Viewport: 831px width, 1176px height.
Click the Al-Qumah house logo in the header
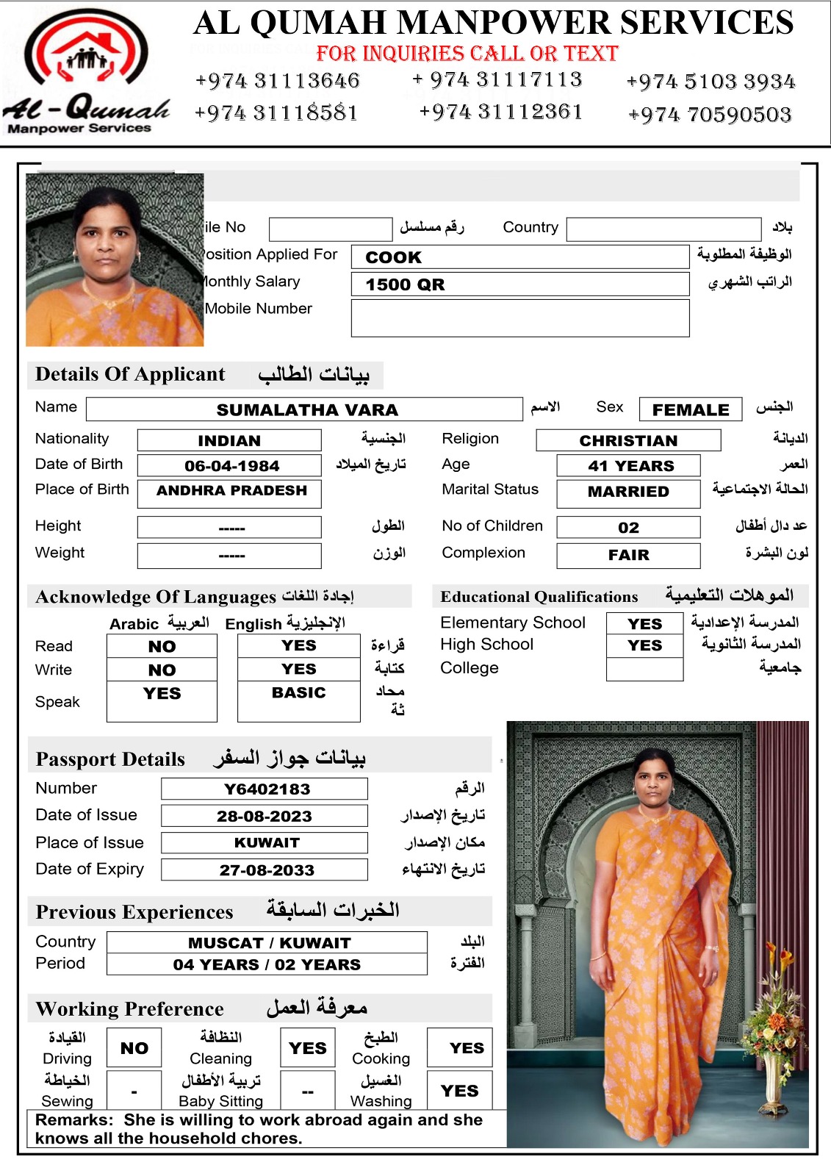pos(87,51)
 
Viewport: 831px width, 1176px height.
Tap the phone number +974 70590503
pos(710,115)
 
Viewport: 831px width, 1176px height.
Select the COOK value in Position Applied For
pos(394,257)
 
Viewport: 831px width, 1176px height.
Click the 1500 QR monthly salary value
pos(406,284)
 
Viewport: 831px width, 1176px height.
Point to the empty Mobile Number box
pos(520,318)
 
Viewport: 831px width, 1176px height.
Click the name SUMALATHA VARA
pos(307,409)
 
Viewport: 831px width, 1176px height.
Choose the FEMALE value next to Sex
pos(691,409)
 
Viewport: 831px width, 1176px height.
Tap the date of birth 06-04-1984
pos(231,466)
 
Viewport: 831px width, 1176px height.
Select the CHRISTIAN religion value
pos(628,440)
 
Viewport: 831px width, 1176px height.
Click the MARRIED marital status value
pos(628,492)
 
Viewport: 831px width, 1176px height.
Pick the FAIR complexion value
pos(628,555)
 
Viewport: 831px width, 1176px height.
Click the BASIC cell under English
pos(298,693)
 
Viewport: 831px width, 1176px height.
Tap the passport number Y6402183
pos(267,789)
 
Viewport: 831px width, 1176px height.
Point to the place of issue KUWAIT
pos(267,842)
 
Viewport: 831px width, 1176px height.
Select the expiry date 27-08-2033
pos(267,870)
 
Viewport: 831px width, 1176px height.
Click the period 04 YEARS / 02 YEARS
pos(267,964)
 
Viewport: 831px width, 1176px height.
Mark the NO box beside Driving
pos(134,1048)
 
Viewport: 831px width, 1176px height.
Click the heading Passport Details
pos(110,759)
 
